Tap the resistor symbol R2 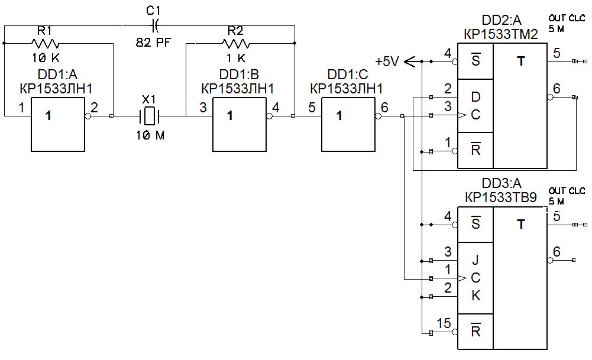pos(236,44)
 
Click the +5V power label pos(387,60)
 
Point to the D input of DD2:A pos(475,96)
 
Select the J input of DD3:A pos(475,260)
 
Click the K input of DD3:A pos(475,296)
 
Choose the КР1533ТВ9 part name pos(502,197)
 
